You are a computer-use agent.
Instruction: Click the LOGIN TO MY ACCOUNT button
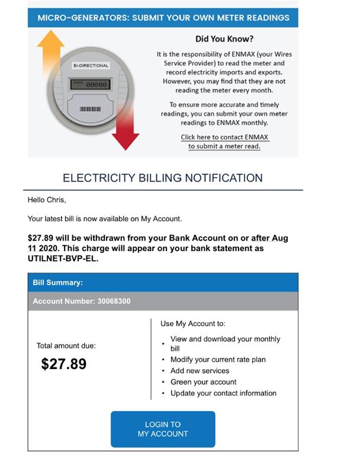coord(163,429)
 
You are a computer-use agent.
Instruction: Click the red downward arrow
coord(125,130)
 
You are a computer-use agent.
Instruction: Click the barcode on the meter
coord(90,109)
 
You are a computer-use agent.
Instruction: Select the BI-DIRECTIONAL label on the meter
coord(91,66)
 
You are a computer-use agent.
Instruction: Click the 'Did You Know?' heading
coord(224,39)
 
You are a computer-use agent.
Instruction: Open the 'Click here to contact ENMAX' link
coord(224,137)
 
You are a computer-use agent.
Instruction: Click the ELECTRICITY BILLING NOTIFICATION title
coord(163,178)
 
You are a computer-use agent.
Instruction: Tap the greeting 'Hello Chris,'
coord(47,200)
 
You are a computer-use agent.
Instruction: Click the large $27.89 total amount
coord(64,364)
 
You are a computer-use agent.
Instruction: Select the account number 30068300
coord(114,301)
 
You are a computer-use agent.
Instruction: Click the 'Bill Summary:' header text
coord(57,283)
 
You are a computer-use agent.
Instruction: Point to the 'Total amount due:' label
coord(66,345)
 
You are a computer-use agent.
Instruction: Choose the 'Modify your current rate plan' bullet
coord(218,360)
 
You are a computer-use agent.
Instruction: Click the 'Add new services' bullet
coord(200,371)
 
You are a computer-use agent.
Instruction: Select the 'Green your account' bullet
coord(203,382)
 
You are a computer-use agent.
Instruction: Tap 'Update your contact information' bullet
coord(223,393)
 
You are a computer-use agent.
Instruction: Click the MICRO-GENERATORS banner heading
coord(163,17)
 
